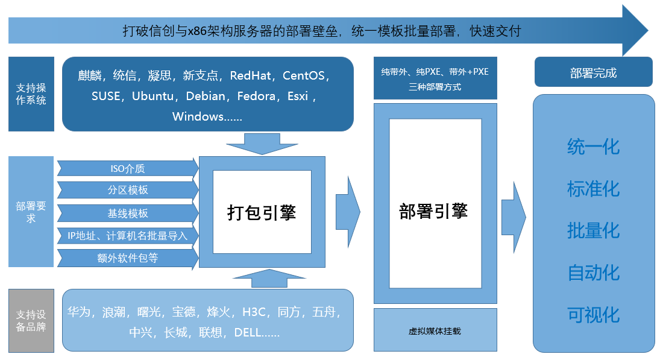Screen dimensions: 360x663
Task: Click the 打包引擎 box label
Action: [262, 212]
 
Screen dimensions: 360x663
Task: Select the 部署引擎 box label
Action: [435, 210]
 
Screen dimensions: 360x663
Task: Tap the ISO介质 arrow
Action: [127, 168]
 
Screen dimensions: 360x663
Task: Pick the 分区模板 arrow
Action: [127, 190]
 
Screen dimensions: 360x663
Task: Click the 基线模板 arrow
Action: [127, 213]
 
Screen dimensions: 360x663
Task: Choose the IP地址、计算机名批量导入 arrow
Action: [127, 236]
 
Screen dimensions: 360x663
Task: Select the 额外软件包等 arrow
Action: [127, 258]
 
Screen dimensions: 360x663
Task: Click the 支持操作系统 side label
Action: [31, 94]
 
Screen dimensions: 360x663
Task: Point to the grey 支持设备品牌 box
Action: [31, 320]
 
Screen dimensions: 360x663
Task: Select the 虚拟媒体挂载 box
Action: [435, 330]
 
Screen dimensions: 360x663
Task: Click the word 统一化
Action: [593, 147]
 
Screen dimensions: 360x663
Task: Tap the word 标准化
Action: [593, 189]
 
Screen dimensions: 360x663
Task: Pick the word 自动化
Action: [593, 273]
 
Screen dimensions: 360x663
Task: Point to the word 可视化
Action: [593, 315]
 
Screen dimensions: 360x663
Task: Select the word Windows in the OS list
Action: [198, 117]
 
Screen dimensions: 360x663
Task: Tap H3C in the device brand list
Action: [254, 312]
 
